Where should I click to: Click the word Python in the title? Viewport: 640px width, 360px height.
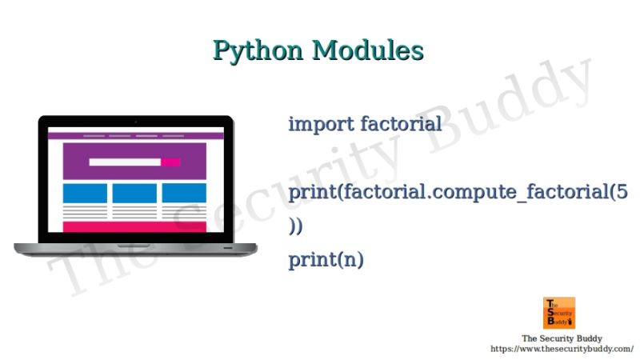click(258, 50)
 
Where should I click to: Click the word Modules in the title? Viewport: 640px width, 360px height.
click(368, 50)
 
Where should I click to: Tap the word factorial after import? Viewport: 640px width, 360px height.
click(401, 124)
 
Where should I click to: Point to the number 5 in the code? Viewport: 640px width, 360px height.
click(622, 192)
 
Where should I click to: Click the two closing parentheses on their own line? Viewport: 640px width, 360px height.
click(296, 226)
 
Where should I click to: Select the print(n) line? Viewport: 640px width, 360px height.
click(326, 260)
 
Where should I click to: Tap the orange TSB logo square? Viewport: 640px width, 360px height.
click(559, 313)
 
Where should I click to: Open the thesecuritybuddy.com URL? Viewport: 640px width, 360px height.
click(562, 349)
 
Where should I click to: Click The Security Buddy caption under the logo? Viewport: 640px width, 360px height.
click(562, 338)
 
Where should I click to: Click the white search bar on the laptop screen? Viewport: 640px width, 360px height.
click(124, 162)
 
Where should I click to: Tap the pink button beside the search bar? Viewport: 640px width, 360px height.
click(170, 162)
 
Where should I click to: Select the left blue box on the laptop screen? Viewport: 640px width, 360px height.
click(85, 193)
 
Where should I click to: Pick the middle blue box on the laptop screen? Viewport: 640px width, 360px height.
click(134, 193)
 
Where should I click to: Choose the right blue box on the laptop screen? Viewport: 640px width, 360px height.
click(184, 193)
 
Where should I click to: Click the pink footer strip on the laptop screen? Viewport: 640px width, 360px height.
click(134, 226)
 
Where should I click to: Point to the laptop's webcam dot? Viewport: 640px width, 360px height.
click(135, 121)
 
